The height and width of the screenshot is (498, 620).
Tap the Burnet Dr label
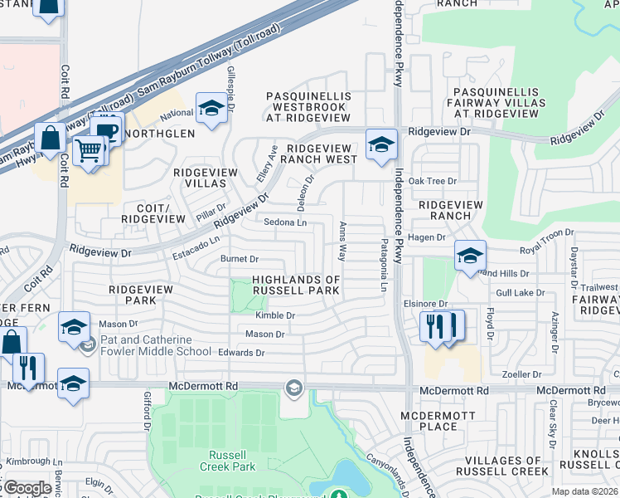point(240,259)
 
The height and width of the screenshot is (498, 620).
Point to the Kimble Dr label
point(275,315)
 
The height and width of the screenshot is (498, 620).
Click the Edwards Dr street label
point(241,353)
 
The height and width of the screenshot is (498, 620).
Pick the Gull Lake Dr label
point(521,293)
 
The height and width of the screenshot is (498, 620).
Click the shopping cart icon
point(90,151)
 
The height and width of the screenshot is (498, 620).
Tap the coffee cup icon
point(106,130)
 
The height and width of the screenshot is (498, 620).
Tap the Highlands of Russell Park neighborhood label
point(295,286)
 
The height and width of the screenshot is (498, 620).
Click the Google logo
point(27,488)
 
